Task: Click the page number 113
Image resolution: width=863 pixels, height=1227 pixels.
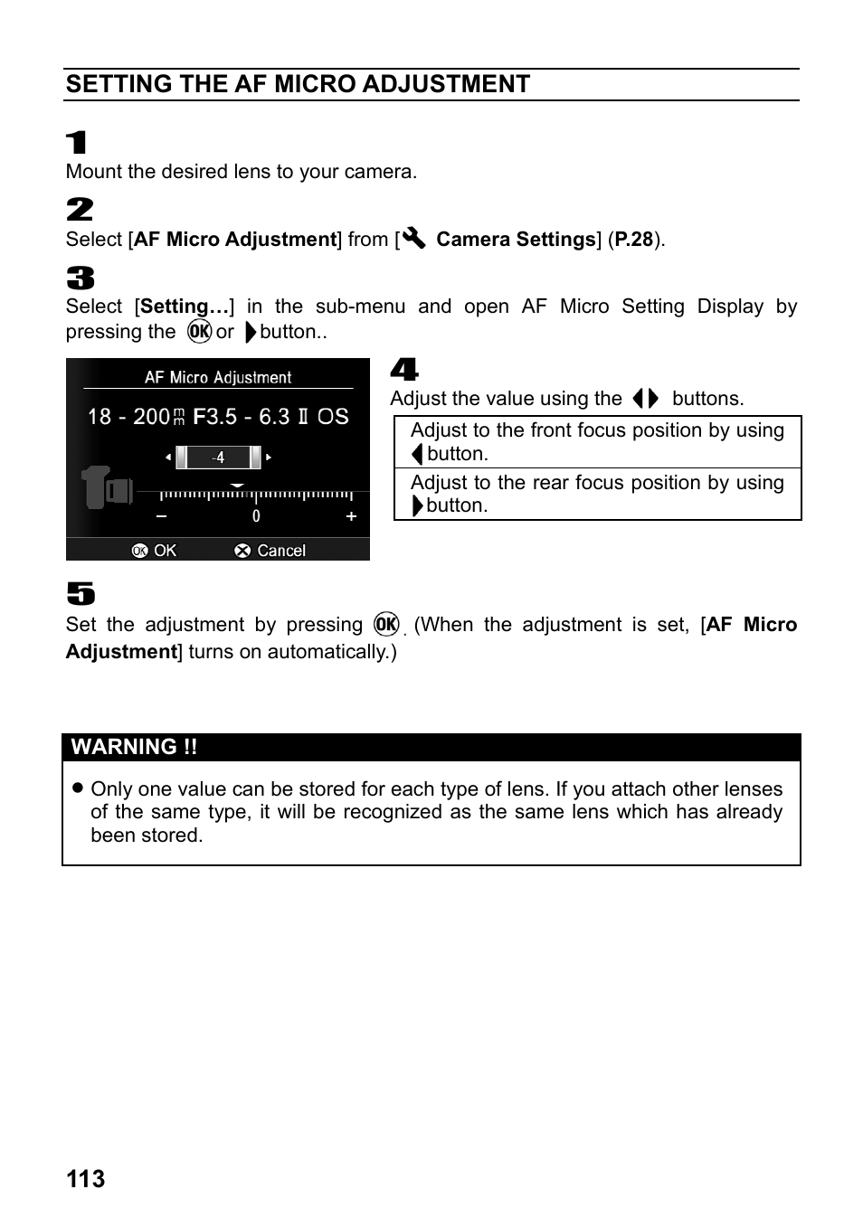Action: (x=85, y=1179)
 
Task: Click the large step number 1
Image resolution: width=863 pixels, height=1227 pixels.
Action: (x=77, y=143)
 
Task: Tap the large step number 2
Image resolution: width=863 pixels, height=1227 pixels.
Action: (x=80, y=210)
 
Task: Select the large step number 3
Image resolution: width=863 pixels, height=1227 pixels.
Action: (x=80, y=278)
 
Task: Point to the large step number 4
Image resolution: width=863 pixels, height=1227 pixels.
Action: (x=404, y=369)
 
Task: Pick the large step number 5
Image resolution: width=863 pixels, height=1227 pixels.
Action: (x=81, y=594)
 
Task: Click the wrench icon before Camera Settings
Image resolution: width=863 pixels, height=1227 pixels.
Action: (x=414, y=239)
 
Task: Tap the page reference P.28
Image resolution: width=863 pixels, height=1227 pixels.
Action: (x=633, y=240)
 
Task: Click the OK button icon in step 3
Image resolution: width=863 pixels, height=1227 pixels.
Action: (x=199, y=332)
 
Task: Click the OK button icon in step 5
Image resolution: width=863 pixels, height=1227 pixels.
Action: (x=386, y=624)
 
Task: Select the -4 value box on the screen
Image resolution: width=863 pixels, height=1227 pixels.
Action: (x=218, y=458)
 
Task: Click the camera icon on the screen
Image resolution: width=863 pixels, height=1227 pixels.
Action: (x=107, y=487)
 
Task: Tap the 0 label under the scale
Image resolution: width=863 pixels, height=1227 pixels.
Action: (x=256, y=516)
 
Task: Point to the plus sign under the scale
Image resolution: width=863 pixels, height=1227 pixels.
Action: (x=351, y=516)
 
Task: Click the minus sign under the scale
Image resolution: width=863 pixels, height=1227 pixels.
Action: (x=162, y=516)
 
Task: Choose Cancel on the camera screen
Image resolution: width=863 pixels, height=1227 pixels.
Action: (x=270, y=551)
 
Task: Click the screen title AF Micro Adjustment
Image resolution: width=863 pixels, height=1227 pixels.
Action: (x=218, y=378)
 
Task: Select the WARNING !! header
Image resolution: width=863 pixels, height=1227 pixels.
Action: (x=134, y=747)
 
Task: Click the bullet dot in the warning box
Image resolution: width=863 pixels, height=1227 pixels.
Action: (x=78, y=788)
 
